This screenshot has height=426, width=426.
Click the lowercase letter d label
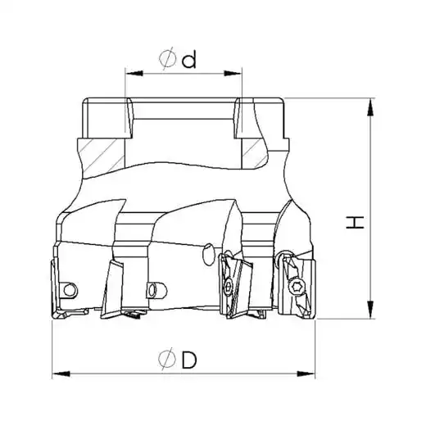pyautogui.click(x=189, y=60)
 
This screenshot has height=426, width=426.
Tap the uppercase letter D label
pyautogui.click(x=189, y=360)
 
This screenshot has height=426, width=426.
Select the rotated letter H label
pyautogui.click(x=355, y=222)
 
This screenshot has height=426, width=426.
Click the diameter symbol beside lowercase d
pyautogui.click(x=167, y=59)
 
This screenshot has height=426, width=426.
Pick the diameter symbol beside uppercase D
pyautogui.click(x=167, y=359)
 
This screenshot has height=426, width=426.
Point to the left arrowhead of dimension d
pyautogui.click(x=134, y=73)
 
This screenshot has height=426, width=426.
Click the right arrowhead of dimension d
pyautogui.click(x=233, y=73)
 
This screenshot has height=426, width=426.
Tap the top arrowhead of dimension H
pyautogui.click(x=370, y=107)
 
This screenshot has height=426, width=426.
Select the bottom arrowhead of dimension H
pyautogui.click(x=370, y=310)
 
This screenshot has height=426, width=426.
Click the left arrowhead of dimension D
pyautogui.click(x=61, y=374)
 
